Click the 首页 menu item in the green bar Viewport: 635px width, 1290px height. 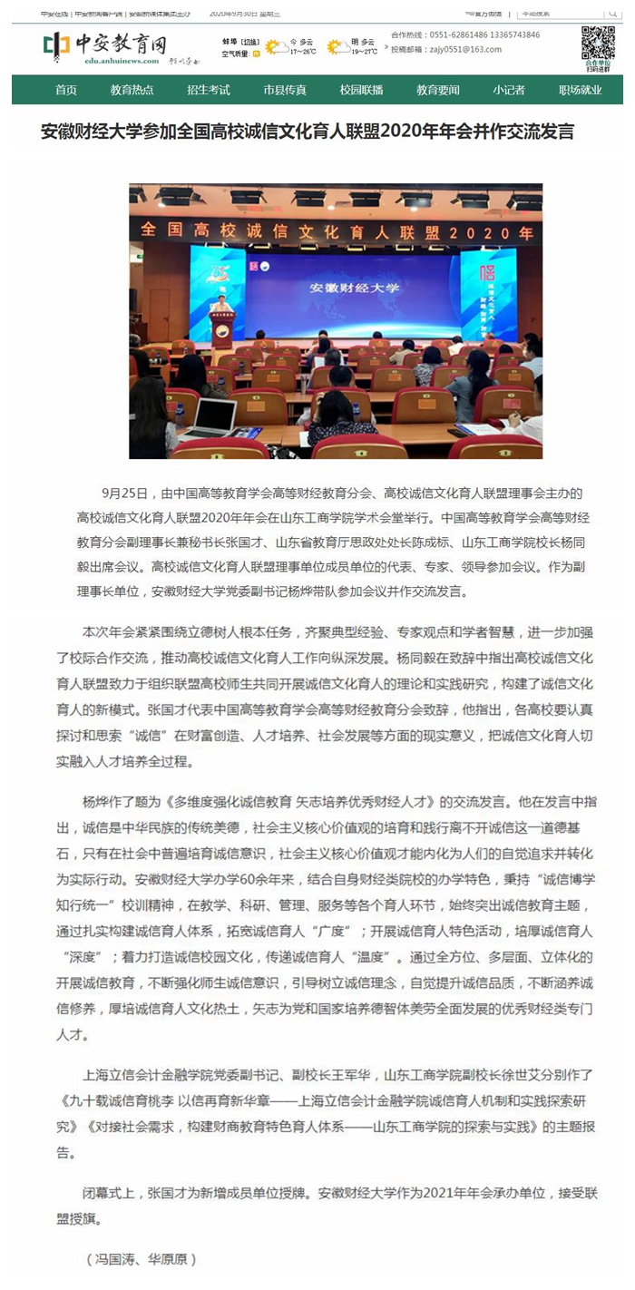[x=65, y=90]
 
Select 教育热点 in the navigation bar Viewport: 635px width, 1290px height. [x=132, y=90]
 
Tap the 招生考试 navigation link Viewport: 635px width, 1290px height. [x=208, y=90]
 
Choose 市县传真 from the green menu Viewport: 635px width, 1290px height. [x=285, y=90]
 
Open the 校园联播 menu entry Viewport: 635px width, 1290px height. [x=361, y=90]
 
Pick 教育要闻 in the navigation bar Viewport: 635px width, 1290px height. [x=438, y=90]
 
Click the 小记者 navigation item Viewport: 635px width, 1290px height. [x=509, y=90]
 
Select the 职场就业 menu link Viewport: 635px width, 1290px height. [x=581, y=90]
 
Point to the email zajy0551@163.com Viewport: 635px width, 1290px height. [x=458, y=50]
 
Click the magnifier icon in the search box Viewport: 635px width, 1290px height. [x=612, y=13]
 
